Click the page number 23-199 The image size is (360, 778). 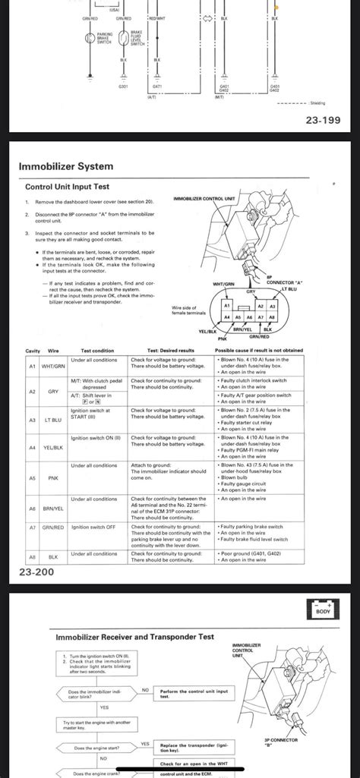pyautogui.click(x=324, y=119)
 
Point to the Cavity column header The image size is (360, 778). pyautogui.click(x=33, y=350)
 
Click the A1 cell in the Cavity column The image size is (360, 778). pyautogui.click(x=32, y=364)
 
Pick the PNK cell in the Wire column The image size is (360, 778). pyautogui.click(x=53, y=479)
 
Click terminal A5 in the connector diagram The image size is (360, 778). pyautogui.click(x=238, y=317)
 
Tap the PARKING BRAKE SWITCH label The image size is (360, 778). pyautogui.click(x=106, y=39)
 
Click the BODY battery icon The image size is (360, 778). pyautogui.click(x=321, y=611)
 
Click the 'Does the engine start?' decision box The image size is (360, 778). pyautogui.click(x=90, y=748)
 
